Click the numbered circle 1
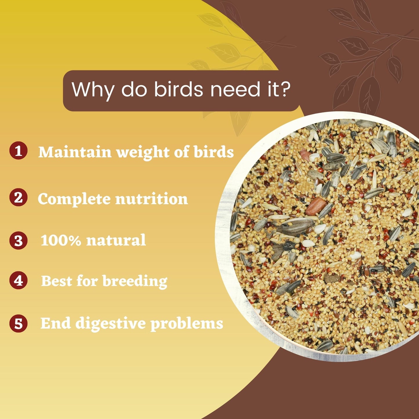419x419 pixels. (18, 150)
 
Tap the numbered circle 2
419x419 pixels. (18, 197)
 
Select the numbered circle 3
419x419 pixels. (18, 240)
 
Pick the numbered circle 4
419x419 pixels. (18, 280)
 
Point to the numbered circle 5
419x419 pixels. (18, 323)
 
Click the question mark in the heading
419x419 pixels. (285, 89)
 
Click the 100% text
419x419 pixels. (61, 240)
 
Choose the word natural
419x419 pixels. (116, 240)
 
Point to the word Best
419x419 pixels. (57, 281)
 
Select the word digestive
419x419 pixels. (110, 324)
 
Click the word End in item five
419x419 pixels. (56, 323)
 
